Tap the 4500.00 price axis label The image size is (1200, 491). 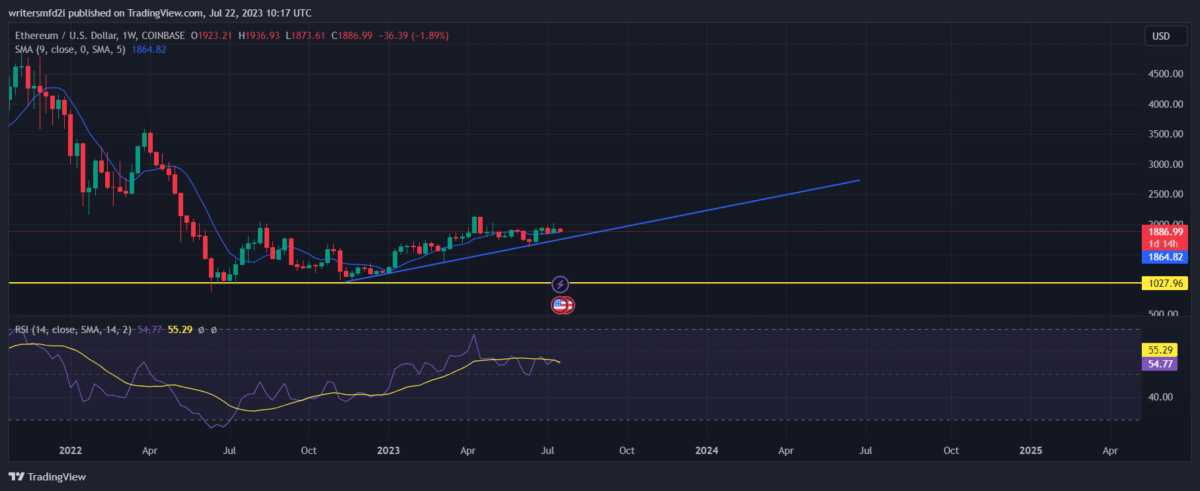click(1165, 74)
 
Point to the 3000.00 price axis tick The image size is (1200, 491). click(1165, 165)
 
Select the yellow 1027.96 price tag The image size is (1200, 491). click(1165, 283)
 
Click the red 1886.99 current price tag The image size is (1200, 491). click(1165, 232)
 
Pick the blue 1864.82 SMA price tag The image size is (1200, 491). click(1165, 257)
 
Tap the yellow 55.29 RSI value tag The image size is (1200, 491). click(1160, 350)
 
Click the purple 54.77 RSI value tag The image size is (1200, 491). click(1160, 364)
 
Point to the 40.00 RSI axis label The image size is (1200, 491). click(1160, 397)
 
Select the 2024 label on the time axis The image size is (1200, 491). click(706, 451)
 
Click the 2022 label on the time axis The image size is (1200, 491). click(70, 451)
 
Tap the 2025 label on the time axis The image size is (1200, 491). click(1030, 451)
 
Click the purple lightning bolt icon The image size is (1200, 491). click(560, 285)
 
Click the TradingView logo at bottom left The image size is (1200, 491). click(48, 477)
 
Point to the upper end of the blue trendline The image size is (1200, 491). click(859, 180)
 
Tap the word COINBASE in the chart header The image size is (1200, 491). click(163, 36)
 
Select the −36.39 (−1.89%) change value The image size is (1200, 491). click(413, 36)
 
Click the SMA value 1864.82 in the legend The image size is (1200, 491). click(149, 50)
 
